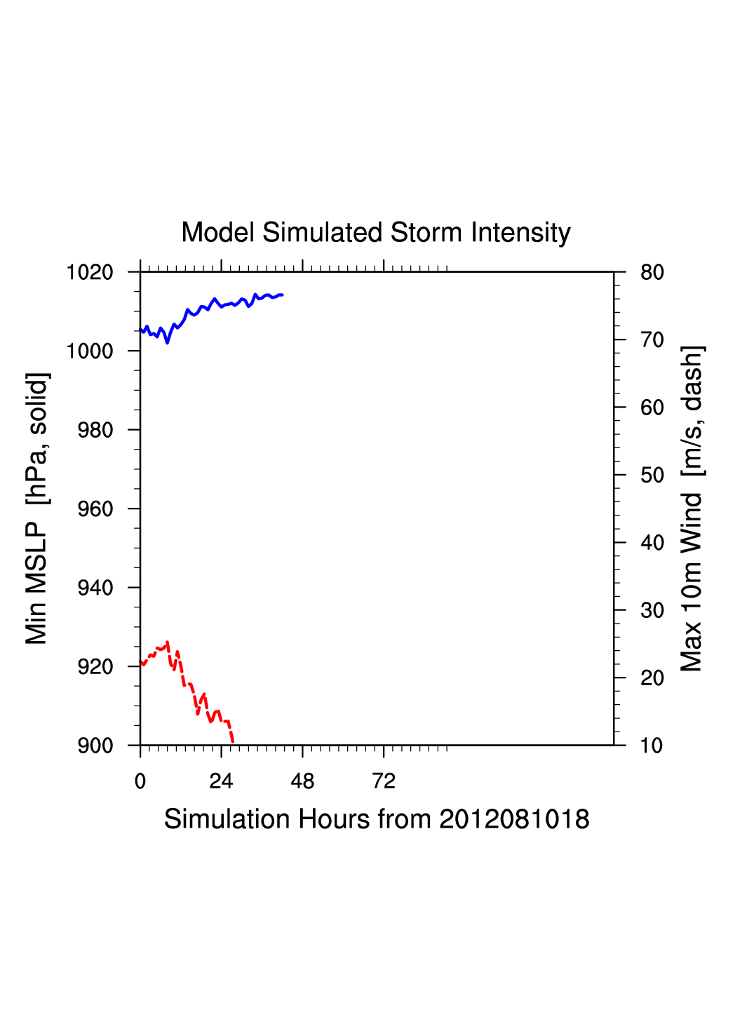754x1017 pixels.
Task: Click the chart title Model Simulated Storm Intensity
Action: click(x=376, y=233)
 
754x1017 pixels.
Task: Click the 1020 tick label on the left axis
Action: click(x=90, y=272)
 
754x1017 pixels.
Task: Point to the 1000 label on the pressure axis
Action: click(x=90, y=351)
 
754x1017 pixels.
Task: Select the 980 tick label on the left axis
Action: click(x=95, y=430)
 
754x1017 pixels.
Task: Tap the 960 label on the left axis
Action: click(x=95, y=509)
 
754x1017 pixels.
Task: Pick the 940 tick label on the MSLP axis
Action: click(x=95, y=588)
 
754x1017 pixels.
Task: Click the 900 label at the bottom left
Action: click(x=95, y=746)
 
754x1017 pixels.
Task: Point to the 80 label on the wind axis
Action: click(x=652, y=272)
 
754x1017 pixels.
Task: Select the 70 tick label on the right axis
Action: click(x=652, y=340)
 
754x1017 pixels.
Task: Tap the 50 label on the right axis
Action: click(x=652, y=476)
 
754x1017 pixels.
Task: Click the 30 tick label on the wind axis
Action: click(x=652, y=611)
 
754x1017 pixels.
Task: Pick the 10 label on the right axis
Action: click(x=652, y=746)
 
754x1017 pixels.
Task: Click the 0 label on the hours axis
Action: click(x=140, y=781)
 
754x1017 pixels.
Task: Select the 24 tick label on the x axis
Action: click(x=221, y=781)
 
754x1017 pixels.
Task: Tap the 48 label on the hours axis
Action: click(x=302, y=781)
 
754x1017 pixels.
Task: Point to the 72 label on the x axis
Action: click(x=384, y=781)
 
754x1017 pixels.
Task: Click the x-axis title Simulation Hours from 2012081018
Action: click(x=377, y=819)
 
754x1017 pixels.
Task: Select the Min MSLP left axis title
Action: click(x=36, y=508)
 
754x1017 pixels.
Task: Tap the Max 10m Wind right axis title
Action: click(x=692, y=508)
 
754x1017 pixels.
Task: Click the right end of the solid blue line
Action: click(x=282, y=295)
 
